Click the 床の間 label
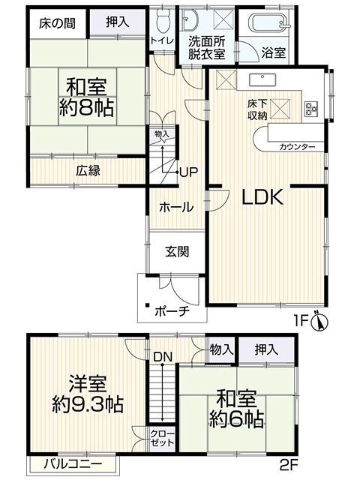click(x=56, y=22)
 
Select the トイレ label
click(x=159, y=39)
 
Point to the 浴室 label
click(x=273, y=52)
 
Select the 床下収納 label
click(x=259, y=109)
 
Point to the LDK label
click(x=261, y=198)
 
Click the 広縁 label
click(x=88, y=169)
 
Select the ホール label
click(x=177, y=207)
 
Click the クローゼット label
click(x=159, y=439)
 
